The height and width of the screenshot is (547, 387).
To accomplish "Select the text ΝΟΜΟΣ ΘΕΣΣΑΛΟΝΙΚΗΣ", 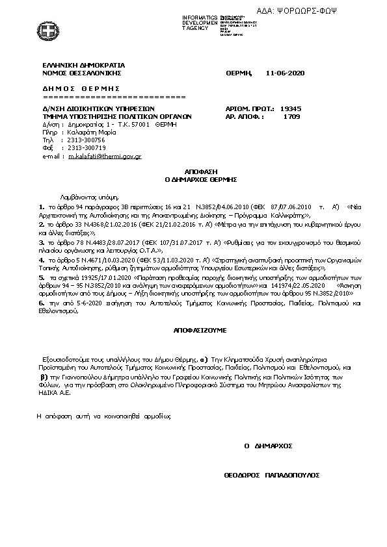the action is point(81,73).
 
